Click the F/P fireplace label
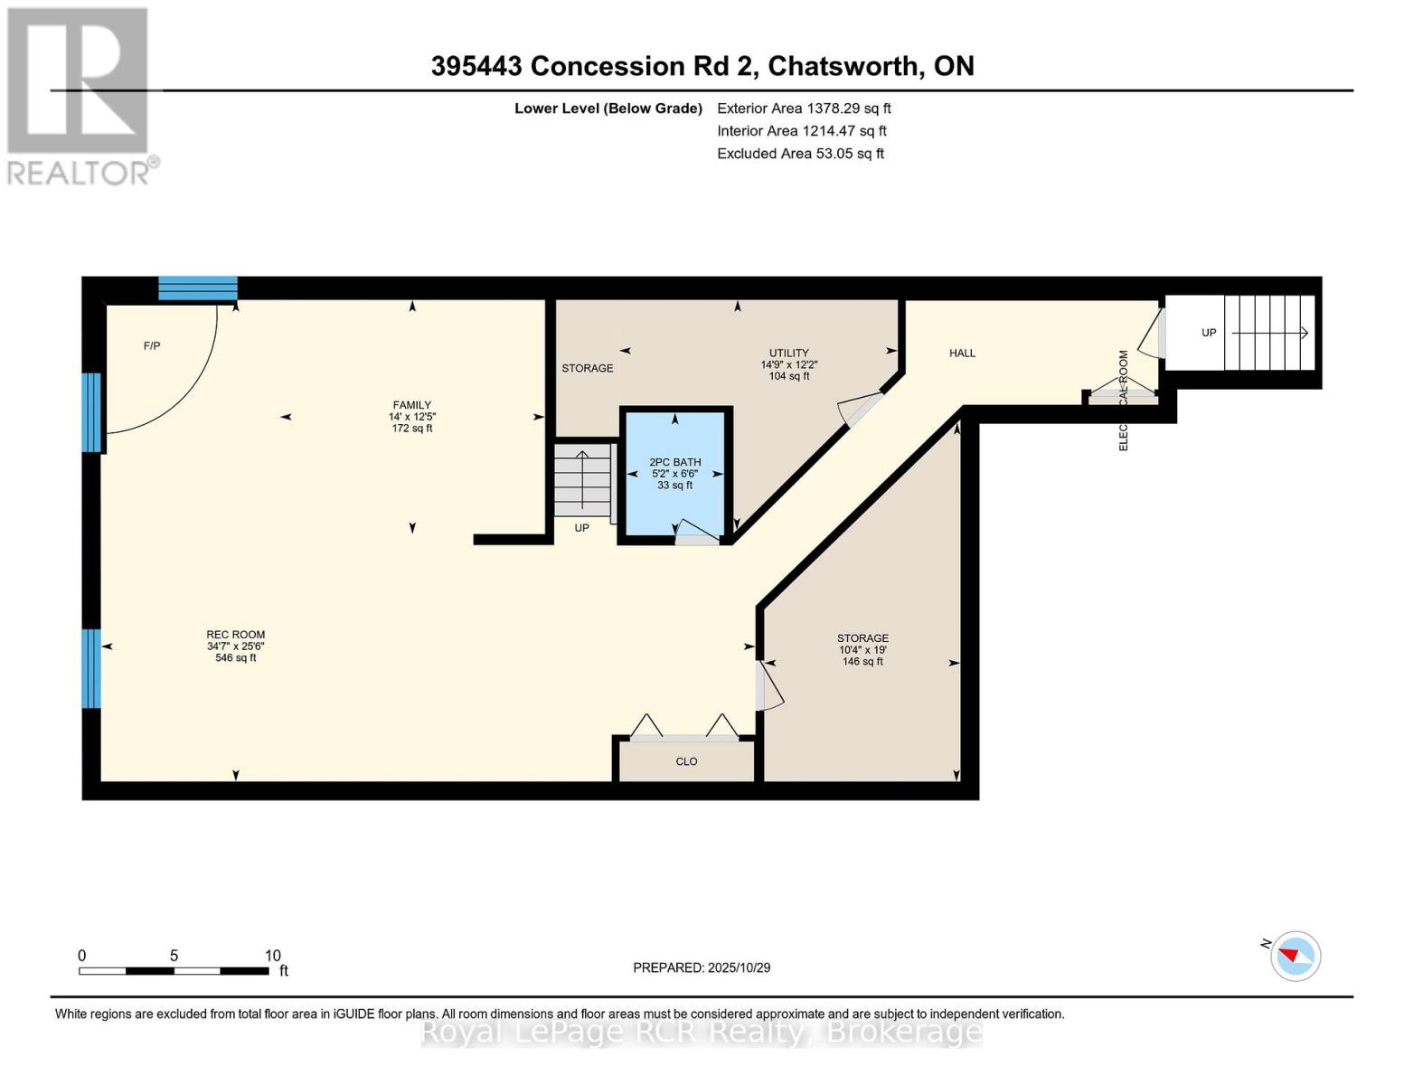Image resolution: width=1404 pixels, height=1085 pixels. click(x=152, y=346)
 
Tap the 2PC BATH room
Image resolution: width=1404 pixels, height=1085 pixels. click(x=675, y=474)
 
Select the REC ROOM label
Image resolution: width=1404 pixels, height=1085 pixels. click(x=235, y=635)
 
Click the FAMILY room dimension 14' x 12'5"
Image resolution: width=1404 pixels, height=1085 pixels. click(x=412, y=417)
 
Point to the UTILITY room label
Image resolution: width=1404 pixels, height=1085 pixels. click(x=788, y=354)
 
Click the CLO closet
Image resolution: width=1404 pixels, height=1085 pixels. click(x=686, y=761)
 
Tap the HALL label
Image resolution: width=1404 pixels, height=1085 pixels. click(x=962, y=354)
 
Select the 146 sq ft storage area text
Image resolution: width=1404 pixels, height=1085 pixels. click(x=862, y=662)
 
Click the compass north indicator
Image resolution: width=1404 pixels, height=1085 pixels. click(x=1295, y=956)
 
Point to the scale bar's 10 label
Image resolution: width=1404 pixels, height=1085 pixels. click(x=273, y=956)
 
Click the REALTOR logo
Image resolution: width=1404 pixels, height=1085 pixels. click(x=79, y=95)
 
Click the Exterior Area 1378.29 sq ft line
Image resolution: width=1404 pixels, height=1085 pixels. click(x=804, y=108)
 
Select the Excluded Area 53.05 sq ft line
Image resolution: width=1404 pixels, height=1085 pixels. click(x=800, y=154)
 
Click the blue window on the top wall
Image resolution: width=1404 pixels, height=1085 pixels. click(x=198, y=288)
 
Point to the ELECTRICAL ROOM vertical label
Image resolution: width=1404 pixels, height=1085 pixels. click(x=1124, y=401)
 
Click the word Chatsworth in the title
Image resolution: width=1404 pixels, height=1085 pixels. click(x=844, y=66)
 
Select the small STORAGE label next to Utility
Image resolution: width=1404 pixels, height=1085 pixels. click(x=588, y=368)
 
